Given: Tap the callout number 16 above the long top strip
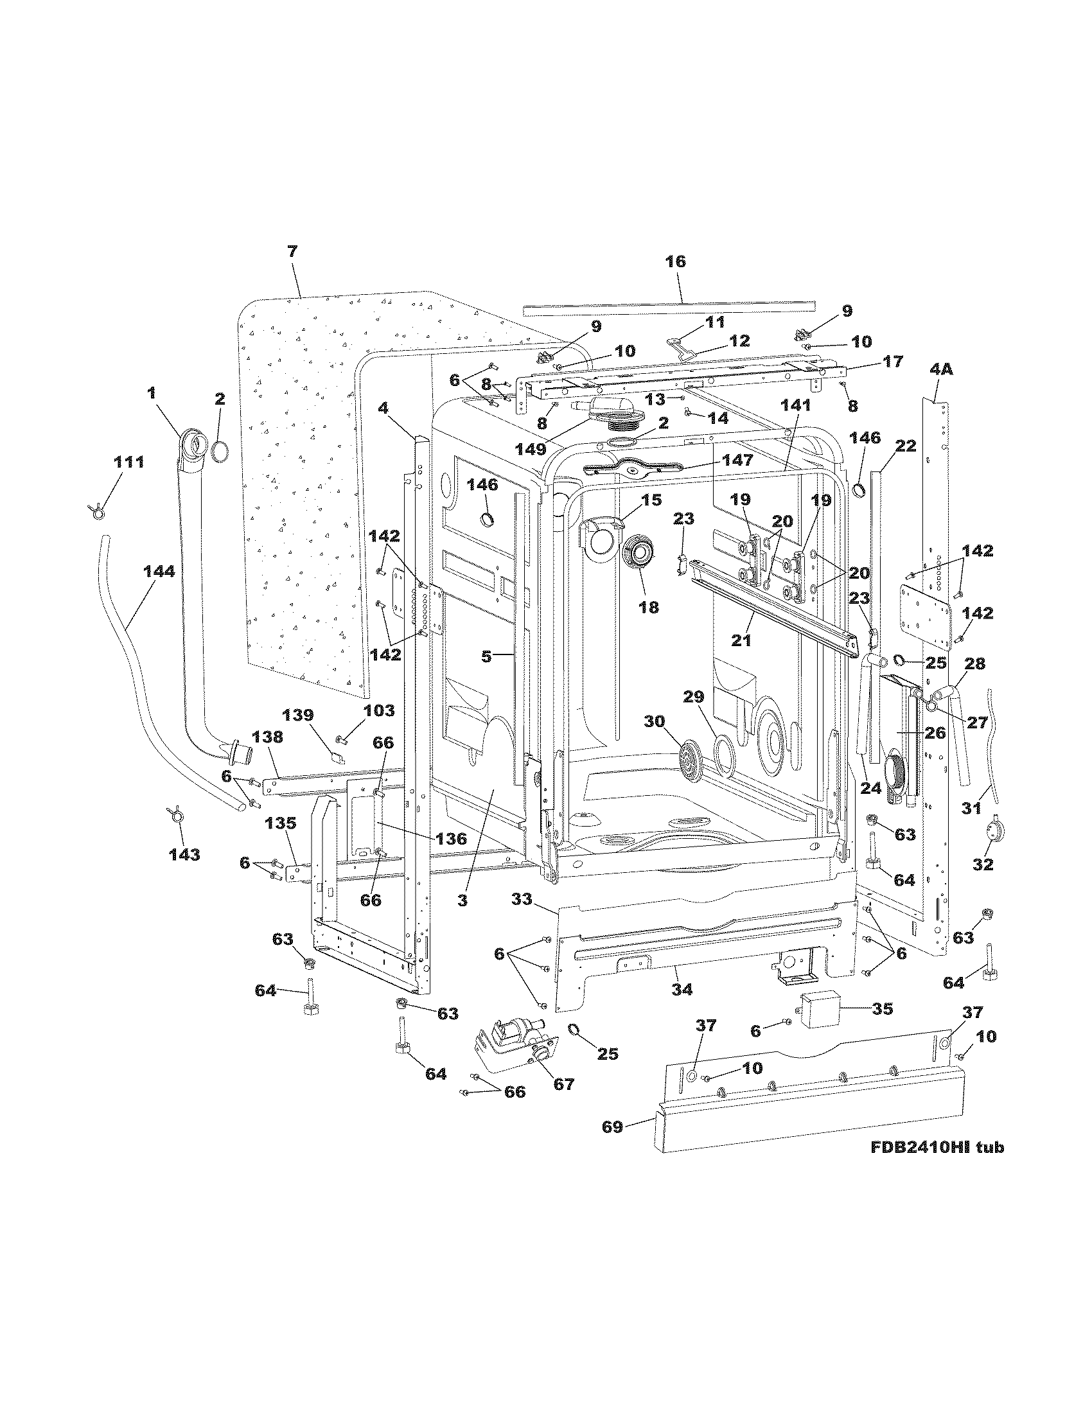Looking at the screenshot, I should click(676, 262).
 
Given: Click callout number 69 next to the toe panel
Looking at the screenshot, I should click(612, 1127).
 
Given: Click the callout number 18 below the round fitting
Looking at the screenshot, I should click(649, 607).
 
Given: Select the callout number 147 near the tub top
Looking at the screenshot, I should click(738, 460).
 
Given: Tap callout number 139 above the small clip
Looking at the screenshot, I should click(298, 715).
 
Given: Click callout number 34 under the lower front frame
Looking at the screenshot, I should click(682, 989).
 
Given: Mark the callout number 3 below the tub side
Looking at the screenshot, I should click(462, 900).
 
